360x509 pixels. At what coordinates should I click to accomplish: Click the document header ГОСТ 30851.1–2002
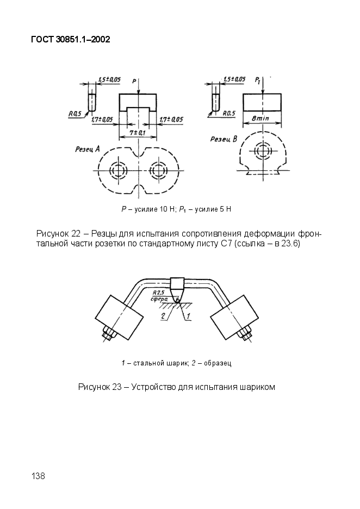tap(71, 40)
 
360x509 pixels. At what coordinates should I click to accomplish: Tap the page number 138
tap(38, 476)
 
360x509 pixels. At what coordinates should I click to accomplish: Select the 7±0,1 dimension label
tap(138, 133)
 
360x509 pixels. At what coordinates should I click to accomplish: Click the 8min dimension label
tap(260, 118)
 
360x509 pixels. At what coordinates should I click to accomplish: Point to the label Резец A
tap(88, 150)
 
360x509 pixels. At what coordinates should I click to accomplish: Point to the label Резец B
tap(224, 139)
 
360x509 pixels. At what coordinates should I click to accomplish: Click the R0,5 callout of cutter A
tap(75, 114)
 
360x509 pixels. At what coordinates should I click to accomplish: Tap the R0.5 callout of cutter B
tap(229, 114)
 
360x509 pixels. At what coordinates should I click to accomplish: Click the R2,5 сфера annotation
tap(159, 295)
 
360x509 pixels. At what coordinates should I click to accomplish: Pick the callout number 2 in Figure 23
tap(164, 315)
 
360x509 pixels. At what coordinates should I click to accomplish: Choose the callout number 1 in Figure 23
tap(188, 315)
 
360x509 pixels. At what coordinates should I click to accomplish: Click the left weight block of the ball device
tap(119, 318)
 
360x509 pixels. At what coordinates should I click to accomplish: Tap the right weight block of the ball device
tap(235, 318)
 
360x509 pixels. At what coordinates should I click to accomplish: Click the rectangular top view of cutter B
tap(262, 102)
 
